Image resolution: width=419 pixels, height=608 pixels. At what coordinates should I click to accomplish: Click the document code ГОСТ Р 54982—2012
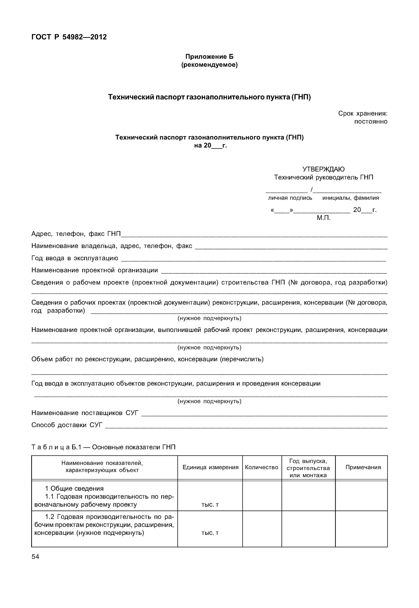pos(69,37)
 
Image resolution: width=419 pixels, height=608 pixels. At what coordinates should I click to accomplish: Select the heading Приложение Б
pos(209,57)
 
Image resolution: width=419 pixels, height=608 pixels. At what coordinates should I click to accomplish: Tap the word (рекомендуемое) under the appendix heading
pos(209,65)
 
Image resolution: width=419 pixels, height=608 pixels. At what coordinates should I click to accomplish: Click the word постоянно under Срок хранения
pos(370,122)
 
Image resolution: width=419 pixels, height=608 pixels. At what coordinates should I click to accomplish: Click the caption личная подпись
pos(290,198)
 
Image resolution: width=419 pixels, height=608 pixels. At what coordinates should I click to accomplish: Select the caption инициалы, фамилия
pos(351,198)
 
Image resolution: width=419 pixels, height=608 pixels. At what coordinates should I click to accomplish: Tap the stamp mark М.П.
pos(323,218)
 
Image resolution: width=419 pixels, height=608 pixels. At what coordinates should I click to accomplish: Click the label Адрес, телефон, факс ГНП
pos(76,234)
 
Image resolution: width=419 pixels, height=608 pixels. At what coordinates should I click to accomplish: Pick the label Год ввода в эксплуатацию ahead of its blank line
pos(75,258)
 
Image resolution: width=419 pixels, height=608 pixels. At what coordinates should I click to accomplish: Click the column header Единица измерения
pos(210,467)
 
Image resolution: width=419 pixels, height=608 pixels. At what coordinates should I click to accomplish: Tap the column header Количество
pos(261,467)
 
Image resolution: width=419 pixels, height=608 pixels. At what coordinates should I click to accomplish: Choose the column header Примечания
pos(363,467)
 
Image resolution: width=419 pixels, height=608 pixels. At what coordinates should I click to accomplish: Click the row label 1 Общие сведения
pos(74,488)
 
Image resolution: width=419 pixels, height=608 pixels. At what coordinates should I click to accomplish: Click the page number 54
pos(35,557)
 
